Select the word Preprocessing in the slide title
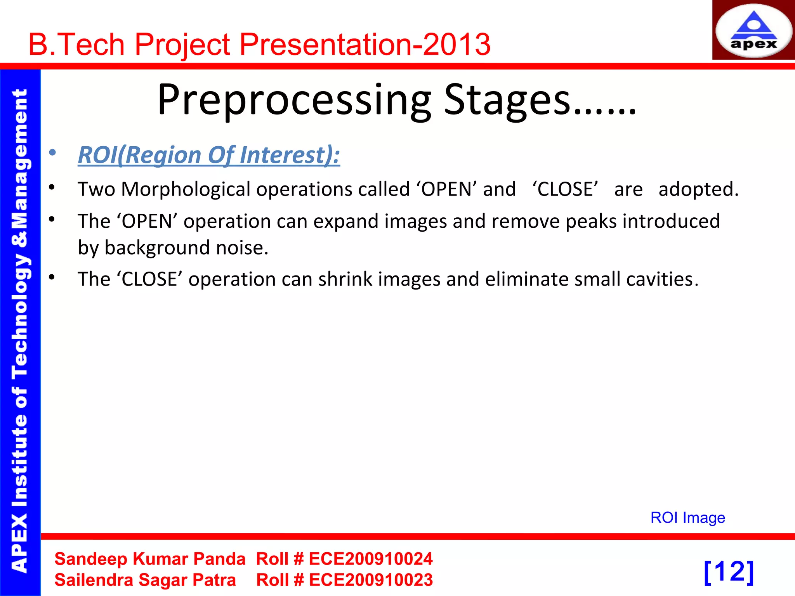[294, 100]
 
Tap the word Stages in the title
[507, 100]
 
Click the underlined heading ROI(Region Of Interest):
[209, 155]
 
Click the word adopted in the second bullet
[698, 189]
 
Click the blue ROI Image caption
[687, 518]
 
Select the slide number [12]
[729, 572]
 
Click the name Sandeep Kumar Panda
[150, 559]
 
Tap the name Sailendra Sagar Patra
[145, 580]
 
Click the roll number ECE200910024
[370, 559]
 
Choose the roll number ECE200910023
[370, 580]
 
